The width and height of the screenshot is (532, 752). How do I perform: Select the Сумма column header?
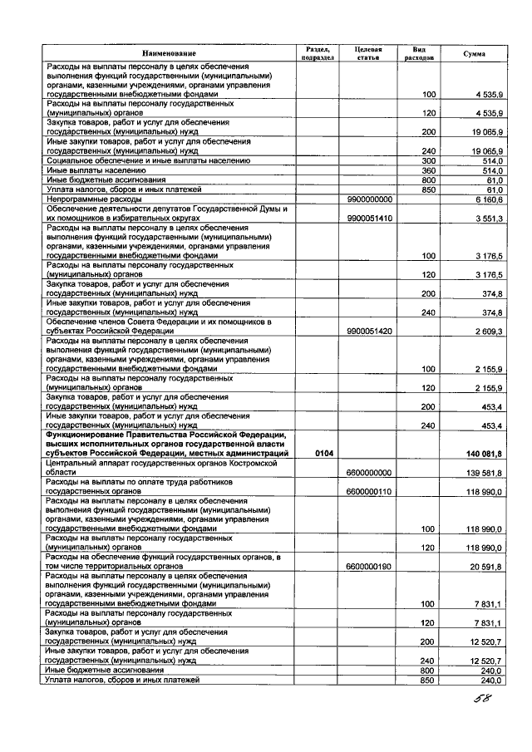click(474, 53)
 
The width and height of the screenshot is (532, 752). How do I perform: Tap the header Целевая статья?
click(367, 53)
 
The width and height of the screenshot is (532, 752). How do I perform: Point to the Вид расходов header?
click(418, 53)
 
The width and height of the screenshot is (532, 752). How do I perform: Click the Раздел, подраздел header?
click(318, 53)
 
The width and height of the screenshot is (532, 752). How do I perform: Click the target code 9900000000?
click(369, 200)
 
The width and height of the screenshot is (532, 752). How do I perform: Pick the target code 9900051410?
click(369, 217)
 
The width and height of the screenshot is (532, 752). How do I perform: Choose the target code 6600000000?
click(369, 471)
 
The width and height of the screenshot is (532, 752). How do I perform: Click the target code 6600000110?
click(369, 491)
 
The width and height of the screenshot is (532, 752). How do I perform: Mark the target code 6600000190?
click(369, 567)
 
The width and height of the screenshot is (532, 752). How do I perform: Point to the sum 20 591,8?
click(485, 567)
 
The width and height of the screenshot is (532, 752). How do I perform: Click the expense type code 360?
click(429, 170)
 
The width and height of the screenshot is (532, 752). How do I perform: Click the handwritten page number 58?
click(478, 699)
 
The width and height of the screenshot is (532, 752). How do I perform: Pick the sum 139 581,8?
click(482, 471)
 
